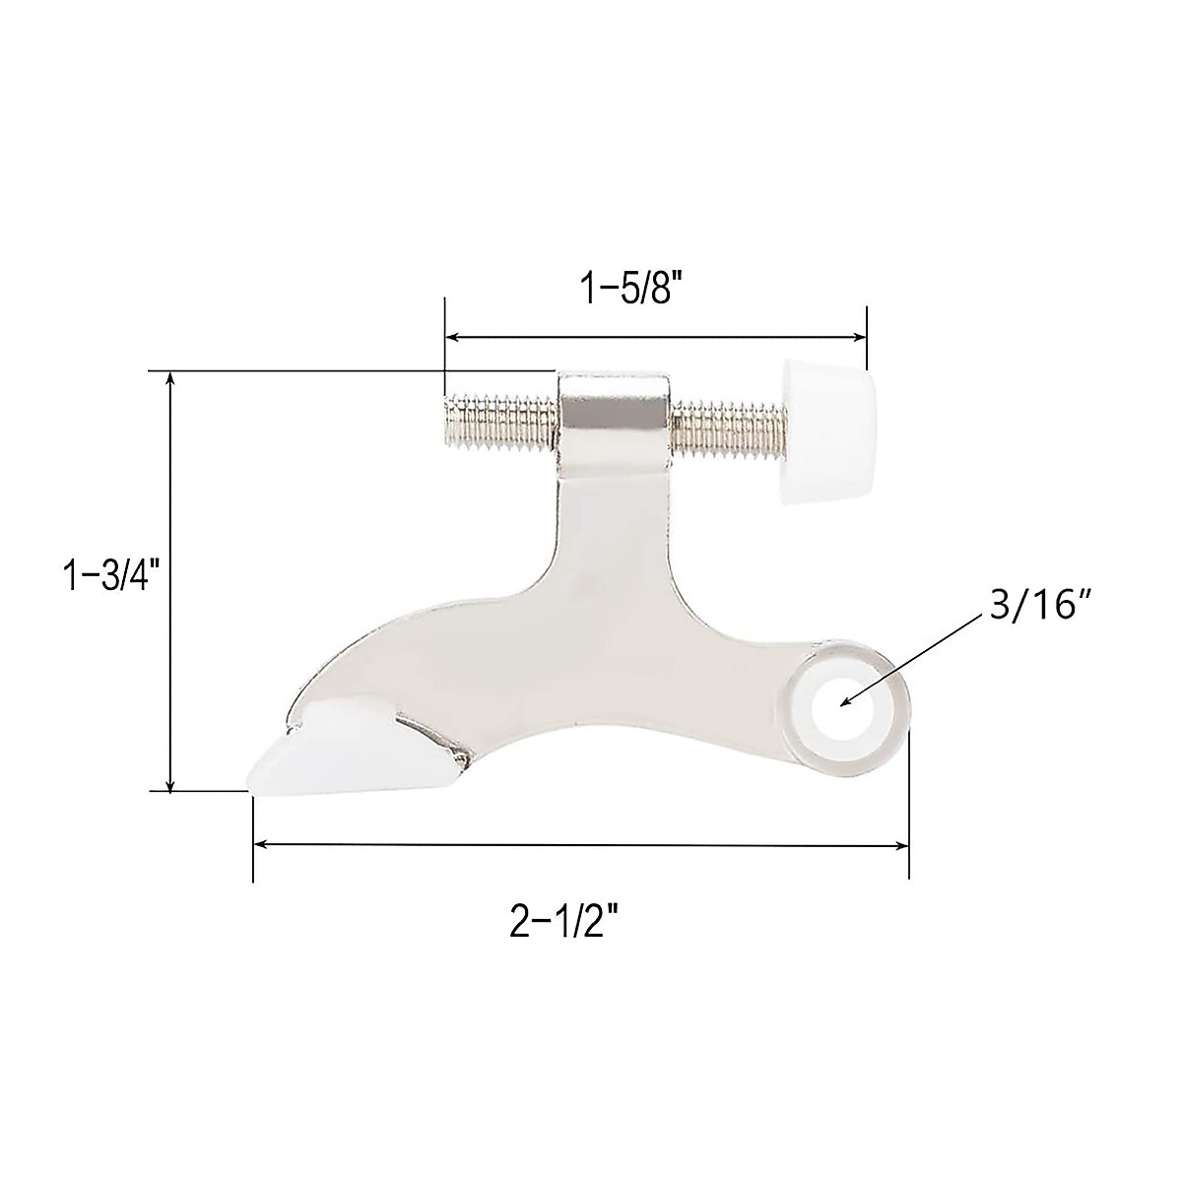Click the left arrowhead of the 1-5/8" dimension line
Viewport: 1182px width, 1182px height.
[x=453, y=337]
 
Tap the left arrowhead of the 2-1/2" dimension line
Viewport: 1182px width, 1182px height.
[x=262, y=844]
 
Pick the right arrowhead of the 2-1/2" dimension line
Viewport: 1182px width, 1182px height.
[x=900, y=844]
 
